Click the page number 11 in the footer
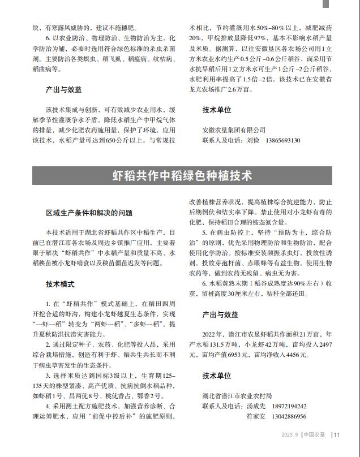337,435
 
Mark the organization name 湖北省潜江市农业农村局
237,395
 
